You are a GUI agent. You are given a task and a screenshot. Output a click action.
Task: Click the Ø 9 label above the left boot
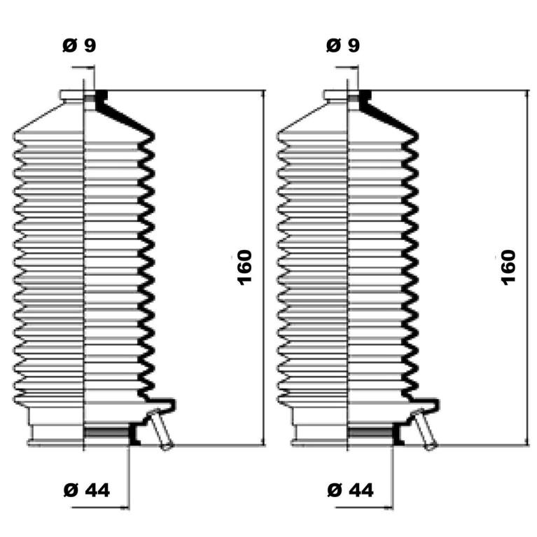point(79,46)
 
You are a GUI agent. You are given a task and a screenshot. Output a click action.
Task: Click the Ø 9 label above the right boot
point(343,46)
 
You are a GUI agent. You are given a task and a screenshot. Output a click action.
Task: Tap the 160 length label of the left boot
point(244,268)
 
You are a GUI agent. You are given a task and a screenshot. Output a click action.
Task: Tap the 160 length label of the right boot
point(508,268)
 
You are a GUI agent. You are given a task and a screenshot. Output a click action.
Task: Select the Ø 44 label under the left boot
point(87,490)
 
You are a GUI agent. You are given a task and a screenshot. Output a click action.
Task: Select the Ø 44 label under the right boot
point(350,490)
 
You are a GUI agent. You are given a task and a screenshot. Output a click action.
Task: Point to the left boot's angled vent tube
point(161,428)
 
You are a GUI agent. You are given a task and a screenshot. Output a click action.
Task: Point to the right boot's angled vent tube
point(425,428)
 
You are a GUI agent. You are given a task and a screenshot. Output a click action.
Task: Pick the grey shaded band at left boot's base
point(106,433)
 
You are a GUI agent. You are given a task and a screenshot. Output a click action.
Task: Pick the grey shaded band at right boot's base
point(370,433)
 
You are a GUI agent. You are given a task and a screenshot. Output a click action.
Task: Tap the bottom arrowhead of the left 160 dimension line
point(263,442)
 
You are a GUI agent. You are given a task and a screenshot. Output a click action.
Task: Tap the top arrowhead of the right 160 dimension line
point(527,95)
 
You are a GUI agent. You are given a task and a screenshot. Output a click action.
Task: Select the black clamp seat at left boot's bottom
point(134,433)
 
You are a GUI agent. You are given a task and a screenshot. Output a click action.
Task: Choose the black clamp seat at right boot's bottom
point(398,433)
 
